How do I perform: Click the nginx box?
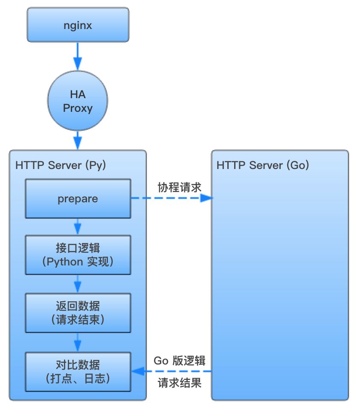[78, 25]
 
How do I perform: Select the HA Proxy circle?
[78, 101]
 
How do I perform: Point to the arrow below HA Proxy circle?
[78, 139]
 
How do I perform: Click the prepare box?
[78, 198]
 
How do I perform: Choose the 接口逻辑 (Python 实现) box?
[78, 255]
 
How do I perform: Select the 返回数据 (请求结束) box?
[78, 313]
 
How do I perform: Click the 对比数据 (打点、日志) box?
[78, 371]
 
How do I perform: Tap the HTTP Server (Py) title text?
[61, 165]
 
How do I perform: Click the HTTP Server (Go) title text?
[263, 165]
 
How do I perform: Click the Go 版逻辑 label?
[180, 361]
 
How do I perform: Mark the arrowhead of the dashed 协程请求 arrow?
[206, 198]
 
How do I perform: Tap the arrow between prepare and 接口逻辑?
[78, 226]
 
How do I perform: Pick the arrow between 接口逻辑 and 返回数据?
[78, 283]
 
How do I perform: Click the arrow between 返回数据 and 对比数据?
[78, 342]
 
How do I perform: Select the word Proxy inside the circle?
[78, 108]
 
